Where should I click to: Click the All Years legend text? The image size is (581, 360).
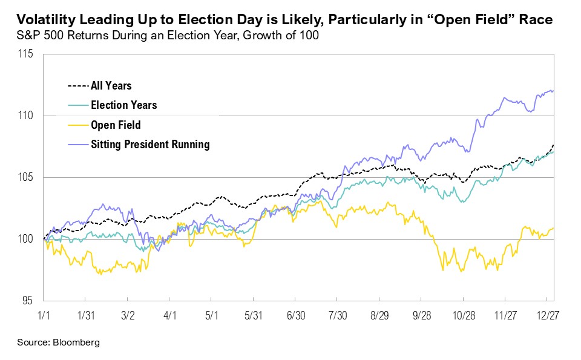111,86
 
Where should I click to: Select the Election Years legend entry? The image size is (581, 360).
123,105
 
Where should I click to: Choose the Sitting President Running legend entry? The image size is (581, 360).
149,144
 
